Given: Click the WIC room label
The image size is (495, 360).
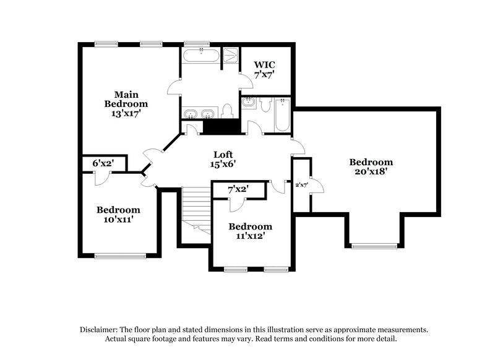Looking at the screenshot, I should pyautogui.click(x=264, y=64).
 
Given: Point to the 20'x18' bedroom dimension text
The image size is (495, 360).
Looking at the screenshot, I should pyautogui.click(x=371, y=173).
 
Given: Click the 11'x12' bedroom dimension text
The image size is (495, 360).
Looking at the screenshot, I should pyautogui.click(x=250, y=236).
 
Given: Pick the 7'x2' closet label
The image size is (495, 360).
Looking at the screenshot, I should pyautogui.click(x=238, y=189).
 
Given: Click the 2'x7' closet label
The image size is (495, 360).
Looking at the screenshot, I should pyautogui.click(x=302, y=184).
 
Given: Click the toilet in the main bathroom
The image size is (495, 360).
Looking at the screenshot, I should pyautogui.click(x=227, y=111).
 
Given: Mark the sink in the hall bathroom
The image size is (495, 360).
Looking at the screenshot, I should pyautogui.click(x=249, y=104).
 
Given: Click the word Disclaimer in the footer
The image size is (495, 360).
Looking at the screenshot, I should pyautogui.click(x=100, y=330).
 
